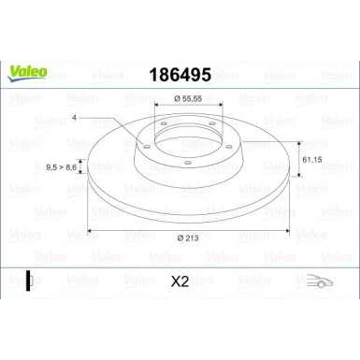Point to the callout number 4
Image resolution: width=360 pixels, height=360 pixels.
(74, 119)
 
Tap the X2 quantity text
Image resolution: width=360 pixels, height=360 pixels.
(180, 280)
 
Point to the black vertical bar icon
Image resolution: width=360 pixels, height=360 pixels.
(29, 280)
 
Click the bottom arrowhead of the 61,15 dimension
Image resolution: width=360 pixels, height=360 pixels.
(298, 186)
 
